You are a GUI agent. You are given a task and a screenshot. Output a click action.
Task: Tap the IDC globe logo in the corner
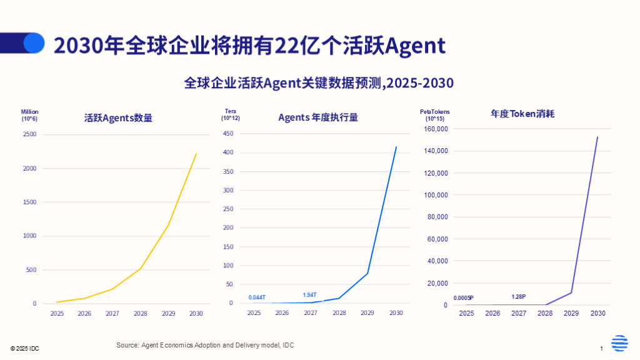(x=619, y=344)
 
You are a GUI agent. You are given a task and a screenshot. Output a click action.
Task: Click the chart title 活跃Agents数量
(x=118, y=117)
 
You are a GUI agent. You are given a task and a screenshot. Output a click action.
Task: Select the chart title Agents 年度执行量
(x=317, y=117)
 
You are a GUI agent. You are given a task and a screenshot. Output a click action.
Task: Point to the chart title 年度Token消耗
(x=522, y=114)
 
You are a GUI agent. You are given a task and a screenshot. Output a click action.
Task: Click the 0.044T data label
(x=257, y=297)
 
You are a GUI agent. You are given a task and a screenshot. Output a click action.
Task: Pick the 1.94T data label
(x=310, y=295)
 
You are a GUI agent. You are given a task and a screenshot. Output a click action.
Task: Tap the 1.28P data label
(x=519, y=297)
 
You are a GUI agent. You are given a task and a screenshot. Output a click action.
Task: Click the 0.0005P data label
(x=463, y=298)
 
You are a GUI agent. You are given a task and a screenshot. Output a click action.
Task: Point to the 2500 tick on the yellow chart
(x=30, y=134)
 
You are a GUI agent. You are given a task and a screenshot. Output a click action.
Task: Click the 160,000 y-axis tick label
(x=436, y=129)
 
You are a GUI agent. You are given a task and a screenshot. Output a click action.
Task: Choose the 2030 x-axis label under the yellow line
(x=195, y=314)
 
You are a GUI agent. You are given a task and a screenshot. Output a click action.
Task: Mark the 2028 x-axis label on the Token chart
(x=545, y=312)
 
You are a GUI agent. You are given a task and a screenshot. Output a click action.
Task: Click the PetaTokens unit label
(x=434, y=112)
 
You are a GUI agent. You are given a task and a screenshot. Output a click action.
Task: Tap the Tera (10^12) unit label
(x=231, y=114)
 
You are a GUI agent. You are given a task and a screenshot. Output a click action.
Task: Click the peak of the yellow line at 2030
(x=196, y=154)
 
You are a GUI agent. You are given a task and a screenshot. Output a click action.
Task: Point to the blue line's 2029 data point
(x=367, y=273)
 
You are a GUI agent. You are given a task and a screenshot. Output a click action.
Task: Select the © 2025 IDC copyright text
(x=24, y=347)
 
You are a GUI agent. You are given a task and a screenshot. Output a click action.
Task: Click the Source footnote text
(x=205, y=345)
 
